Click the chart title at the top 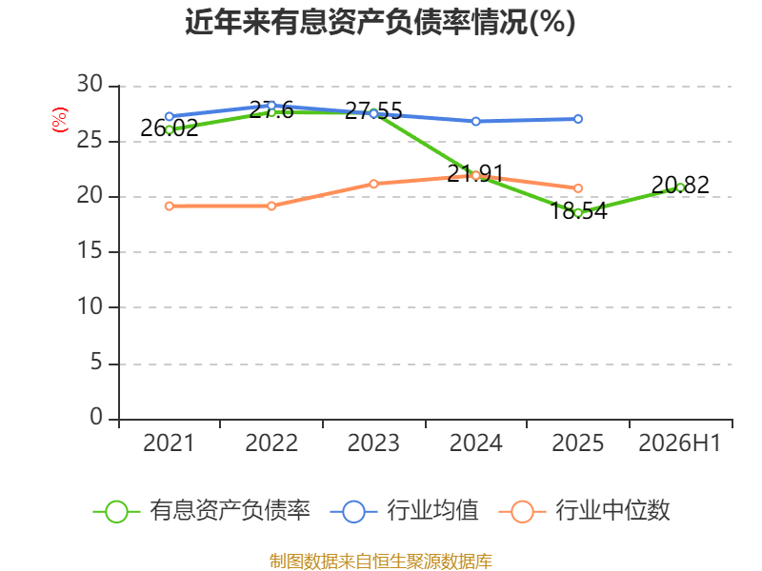tap(380, 22)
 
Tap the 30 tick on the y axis tap(90, 85)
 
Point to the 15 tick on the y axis tap(90, 251)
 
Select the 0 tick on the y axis tap(96, 417)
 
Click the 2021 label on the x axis tap(169, 443)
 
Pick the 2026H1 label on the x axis tap(680, 443)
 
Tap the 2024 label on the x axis tap(475, 443)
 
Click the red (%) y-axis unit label tap(60, 120)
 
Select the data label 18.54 tap(578, 211)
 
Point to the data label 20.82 tap(680, 185)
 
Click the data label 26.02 tap(170, 128)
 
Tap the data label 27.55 tap(373, 110)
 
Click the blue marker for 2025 tap(578, 119)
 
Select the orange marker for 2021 tap(170, 207)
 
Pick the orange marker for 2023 tap(373, 184)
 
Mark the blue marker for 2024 tap(475, 122)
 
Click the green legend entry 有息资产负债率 tap(202, 511)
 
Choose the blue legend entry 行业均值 tap(404, 511)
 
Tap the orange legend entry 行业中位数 tap(585, 511)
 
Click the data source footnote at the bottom tap(381, 561)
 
